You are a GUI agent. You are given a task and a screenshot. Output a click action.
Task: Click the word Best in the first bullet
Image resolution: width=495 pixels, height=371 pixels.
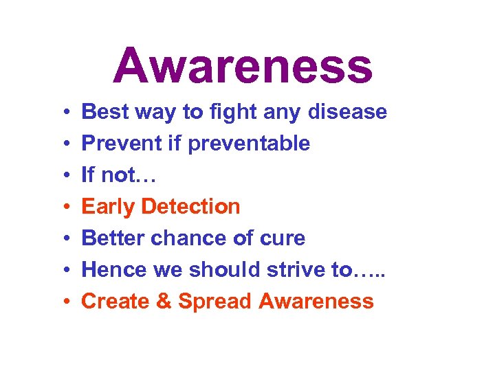click(x=104, y=112)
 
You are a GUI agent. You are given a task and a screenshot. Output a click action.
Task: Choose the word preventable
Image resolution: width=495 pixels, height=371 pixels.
click(x=248, y=144)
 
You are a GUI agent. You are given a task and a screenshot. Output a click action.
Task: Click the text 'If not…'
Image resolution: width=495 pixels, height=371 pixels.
click(x=119, y=175)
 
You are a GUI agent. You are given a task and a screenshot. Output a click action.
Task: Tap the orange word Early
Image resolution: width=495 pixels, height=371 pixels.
click(x=107, y=207)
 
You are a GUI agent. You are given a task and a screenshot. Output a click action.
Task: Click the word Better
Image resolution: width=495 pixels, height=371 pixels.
click(x=112, y=238)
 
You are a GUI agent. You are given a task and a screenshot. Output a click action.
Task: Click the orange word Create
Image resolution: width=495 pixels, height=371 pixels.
click(x=112, y=302)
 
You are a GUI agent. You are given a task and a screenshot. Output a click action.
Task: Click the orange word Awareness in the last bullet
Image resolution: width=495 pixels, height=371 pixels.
click(x=317, y=302)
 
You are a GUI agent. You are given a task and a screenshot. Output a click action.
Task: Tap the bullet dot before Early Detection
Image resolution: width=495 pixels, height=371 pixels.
click(x=62, y=207)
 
